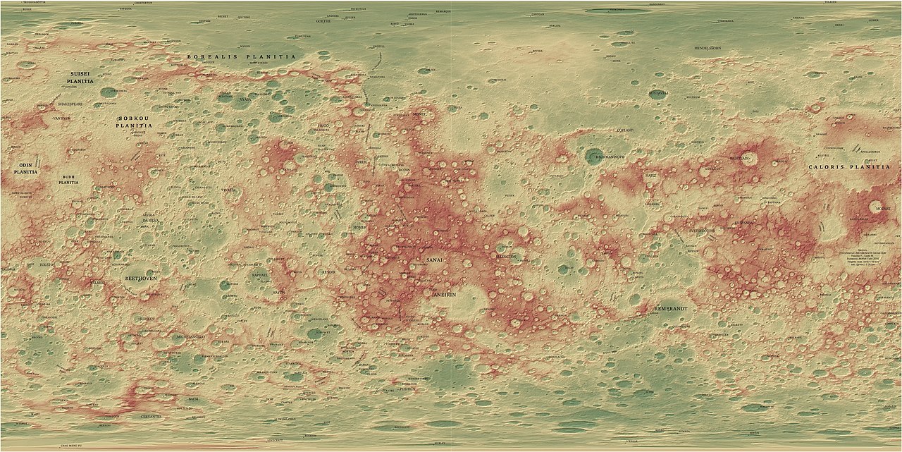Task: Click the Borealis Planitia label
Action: [x=242, y=56]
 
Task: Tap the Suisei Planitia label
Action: [x=80, y=78]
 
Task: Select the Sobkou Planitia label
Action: [x=135, y=121]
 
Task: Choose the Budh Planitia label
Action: [x=68, y=179]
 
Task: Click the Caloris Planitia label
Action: [x=850, y=168]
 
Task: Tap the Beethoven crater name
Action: [x=141, y=279]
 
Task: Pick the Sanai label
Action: [x=435, y=261]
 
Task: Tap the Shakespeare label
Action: [x=70, y=104]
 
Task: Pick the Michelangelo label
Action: [x=190, y=337]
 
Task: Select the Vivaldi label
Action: [x=230, y=190]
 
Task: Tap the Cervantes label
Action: [x=151, y=417]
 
